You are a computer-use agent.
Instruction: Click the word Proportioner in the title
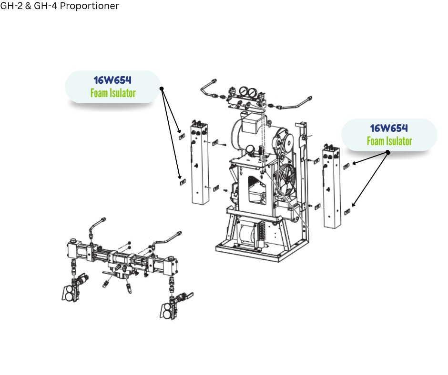(90, 6)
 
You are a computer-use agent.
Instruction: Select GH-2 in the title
(11, 6)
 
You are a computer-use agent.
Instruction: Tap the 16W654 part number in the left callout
(112, 80)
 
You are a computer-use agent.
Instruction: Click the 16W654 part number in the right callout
(389, 128)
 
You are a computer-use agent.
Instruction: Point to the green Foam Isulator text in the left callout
(113, 93)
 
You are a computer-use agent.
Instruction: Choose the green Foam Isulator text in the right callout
(389, 141)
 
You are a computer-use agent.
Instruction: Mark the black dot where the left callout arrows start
(162, 89)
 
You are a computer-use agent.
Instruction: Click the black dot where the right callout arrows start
(388, 152)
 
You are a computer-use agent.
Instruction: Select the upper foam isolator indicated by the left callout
(182, 137)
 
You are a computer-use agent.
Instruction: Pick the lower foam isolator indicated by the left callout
(183, 182)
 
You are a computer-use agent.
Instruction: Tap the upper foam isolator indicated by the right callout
(346, 166)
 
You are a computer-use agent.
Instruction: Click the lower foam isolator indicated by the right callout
(347, 212)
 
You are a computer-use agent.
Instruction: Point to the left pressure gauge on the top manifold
(244, 91)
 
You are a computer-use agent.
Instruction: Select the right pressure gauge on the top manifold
(252, 93)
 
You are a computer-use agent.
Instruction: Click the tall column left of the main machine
(199, 163)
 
